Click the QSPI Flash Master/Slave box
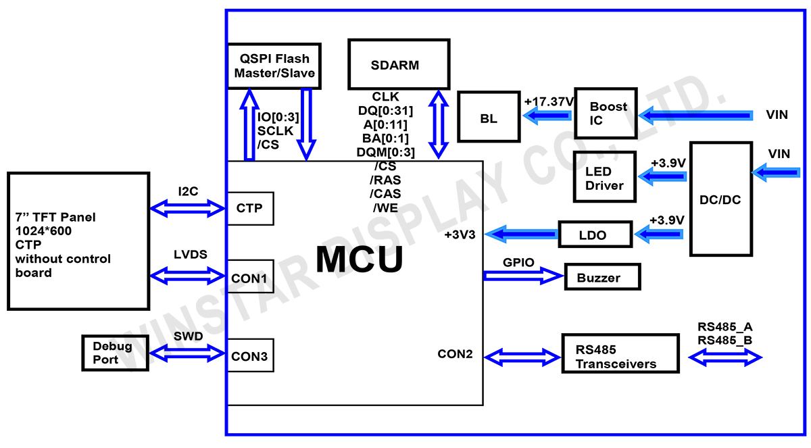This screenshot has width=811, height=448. [x=274, y=66]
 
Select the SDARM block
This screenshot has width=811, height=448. [x=398, y=64]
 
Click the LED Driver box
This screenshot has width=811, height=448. [x=604, y=176]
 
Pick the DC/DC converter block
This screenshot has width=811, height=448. [x=720, y=199]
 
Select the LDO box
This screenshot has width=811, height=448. [x=594, y=234]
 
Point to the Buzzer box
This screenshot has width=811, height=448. [x=602, y=277]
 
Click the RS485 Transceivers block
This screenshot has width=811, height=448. [x=620, y=352]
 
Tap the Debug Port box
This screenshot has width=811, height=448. [x=114, y=352]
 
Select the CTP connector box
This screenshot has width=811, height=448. [x=250, y=209]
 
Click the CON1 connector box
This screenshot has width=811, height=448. [x=250, y=277]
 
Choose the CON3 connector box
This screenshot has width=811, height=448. [x=250, y=355]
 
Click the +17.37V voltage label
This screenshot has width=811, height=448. [x=548, y=101]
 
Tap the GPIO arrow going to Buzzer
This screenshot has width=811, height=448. [x=523, y=275]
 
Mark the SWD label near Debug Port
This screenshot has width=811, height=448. [x=188, y=335]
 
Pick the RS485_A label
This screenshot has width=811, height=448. [x=725, y=327]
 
